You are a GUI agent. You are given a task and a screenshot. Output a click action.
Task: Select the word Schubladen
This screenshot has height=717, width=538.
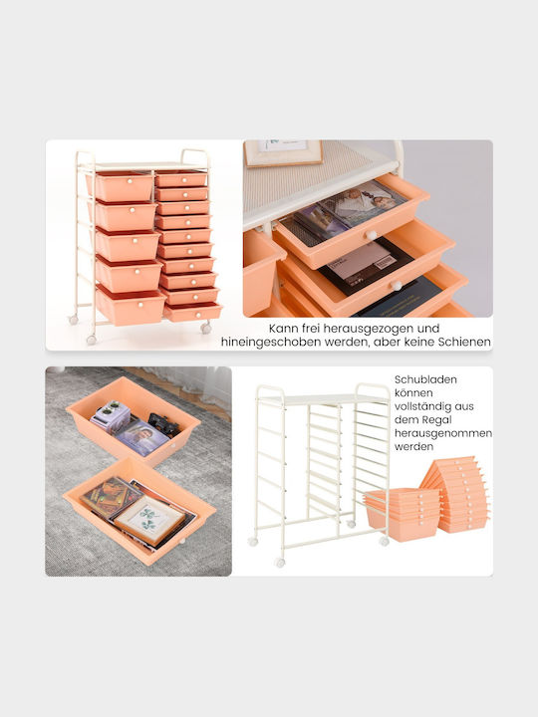(x=419, y=379)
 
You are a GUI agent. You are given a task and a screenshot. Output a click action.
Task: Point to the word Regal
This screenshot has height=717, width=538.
(x=437, y=420)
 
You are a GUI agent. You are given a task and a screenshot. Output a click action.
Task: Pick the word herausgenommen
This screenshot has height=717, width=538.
(x=443, y=433)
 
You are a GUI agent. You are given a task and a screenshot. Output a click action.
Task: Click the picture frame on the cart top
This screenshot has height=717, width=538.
(x=283, y=152)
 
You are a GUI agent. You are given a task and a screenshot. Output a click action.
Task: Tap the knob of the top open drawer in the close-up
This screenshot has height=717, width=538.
(x=371, y=235)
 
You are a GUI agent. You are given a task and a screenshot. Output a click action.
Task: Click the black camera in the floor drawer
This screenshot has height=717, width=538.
(x=163, y=424)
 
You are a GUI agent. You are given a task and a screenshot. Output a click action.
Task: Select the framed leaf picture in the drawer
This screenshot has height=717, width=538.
(x=149, y=520)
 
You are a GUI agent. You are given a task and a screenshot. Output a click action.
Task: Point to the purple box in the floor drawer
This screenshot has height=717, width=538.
(x=111, y=416)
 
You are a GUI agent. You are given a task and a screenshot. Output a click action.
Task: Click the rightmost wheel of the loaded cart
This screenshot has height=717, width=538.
(x=206, y=328)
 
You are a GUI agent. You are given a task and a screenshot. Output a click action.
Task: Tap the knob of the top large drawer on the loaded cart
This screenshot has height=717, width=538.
(x=131, y=182)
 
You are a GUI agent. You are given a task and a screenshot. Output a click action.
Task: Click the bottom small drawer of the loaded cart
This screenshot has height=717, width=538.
(x=192, y=313)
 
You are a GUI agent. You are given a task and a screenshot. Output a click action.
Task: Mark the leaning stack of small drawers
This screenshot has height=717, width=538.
(x=455, y=494)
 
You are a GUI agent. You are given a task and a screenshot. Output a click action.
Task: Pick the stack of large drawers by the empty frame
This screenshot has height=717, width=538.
(x=401, y=514)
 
